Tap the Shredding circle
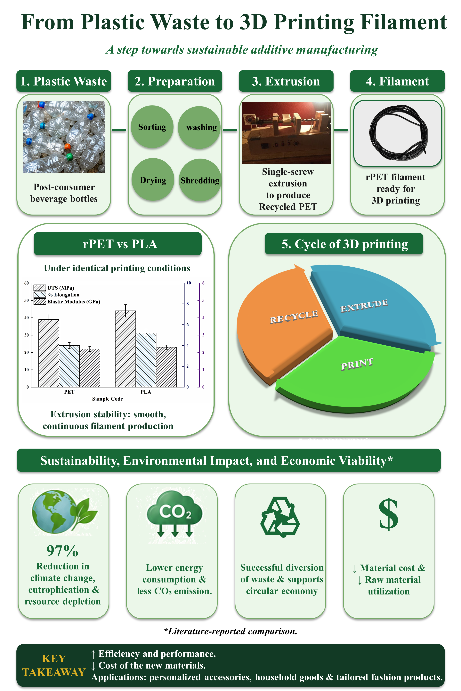200,180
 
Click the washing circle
199,127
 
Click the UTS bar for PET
49,353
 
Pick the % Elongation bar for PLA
146,360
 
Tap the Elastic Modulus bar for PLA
166,367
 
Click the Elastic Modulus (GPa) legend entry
67,302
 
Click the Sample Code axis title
108,399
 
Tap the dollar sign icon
388,514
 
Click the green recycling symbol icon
280,517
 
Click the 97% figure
62,551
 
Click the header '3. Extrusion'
286,81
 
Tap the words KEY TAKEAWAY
54,665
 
